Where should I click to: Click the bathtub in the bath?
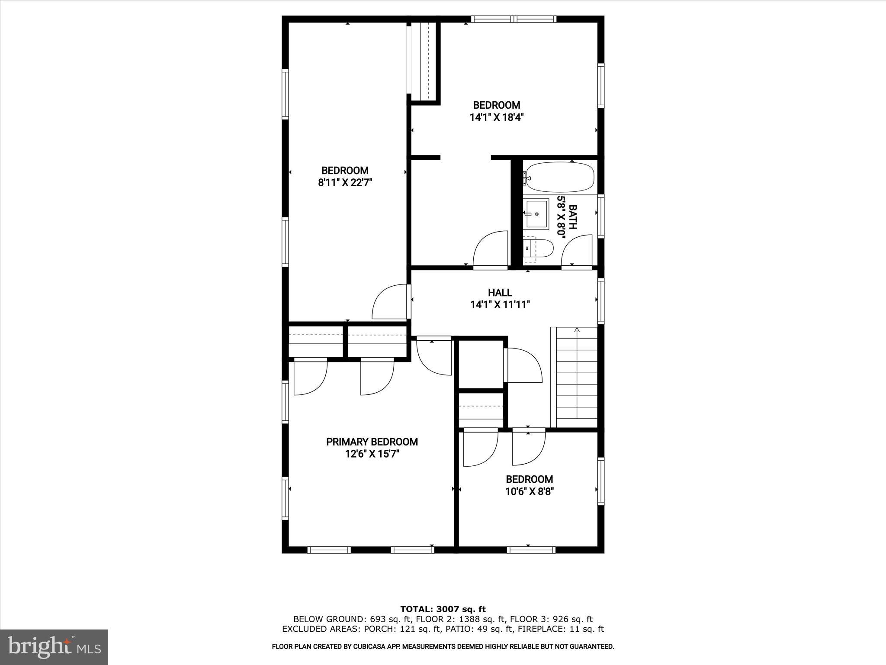point(559,177)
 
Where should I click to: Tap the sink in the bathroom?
point(536,214)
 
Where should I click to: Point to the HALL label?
point(500,293)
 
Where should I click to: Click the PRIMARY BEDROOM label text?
point(372,442)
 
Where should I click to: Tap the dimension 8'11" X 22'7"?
point(345,183)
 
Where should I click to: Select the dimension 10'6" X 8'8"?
point(530,491)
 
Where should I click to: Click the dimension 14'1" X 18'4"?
point(497,117)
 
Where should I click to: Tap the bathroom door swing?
point(576,251)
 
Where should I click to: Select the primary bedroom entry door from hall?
point(434,357)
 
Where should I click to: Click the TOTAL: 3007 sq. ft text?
point(443,609)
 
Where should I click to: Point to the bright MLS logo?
point(54,647)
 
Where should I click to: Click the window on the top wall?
point(513,19)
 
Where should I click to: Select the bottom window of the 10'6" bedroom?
point(531,550)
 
